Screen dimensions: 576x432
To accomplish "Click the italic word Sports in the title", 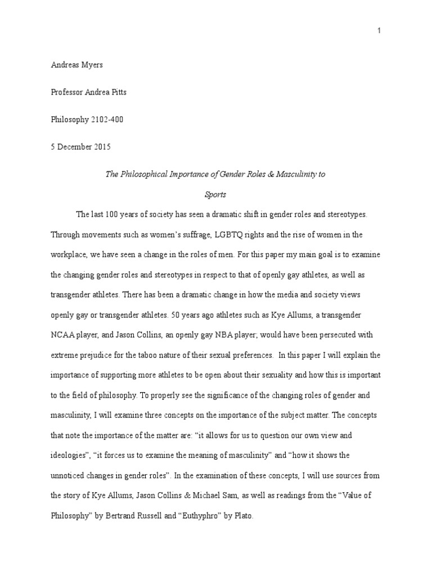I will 215,194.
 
